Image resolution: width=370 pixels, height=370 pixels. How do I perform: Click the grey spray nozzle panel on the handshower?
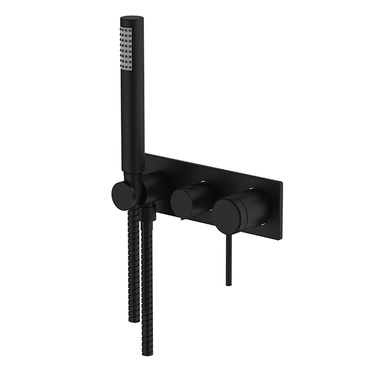127,46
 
